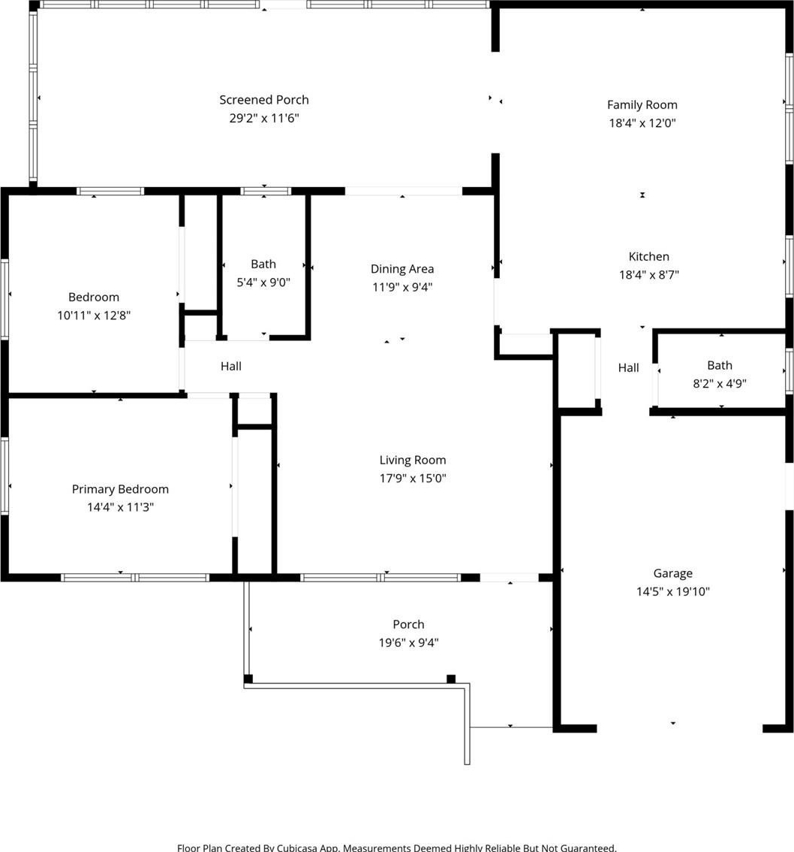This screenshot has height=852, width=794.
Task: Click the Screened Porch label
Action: click(x=263, y=100)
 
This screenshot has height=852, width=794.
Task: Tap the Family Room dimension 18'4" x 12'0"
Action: click(x=642, y=122)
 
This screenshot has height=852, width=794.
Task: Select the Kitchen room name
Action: click(x=648, y=256)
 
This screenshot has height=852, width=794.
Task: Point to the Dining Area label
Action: click(x=402, y=269)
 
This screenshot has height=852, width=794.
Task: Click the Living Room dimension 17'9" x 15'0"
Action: click(x=413, y=478)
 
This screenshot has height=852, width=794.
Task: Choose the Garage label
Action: click(x=672, y=573)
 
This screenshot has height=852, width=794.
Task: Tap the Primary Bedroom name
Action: click(x=120, y=489)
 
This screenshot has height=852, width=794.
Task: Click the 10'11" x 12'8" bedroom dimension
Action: click(x=94, y=315)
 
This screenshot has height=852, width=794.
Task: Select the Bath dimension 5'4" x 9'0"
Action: click(x=263, y=282)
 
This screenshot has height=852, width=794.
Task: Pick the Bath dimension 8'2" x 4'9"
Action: click(x=720, y=384)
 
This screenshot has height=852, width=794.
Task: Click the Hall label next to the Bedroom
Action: click(x=230, y=366)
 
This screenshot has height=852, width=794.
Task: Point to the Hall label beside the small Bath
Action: click(x=628, y=368)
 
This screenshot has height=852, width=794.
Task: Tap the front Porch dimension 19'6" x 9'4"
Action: click(x=409, y=642)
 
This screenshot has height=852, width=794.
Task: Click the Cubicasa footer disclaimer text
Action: click(x=397, y=847)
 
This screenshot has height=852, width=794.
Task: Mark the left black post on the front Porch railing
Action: click(x=248, y=678)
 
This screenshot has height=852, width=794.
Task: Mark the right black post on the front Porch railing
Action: click(x=451, y=678)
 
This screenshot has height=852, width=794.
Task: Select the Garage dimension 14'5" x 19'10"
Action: click(x=673, y=591)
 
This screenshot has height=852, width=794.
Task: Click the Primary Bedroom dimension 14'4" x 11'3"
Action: click(x=121, y=507)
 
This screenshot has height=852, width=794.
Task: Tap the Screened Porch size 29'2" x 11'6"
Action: click(x=263, y=118)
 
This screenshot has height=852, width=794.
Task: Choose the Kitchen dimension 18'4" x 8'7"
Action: click(x=649, y=275)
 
